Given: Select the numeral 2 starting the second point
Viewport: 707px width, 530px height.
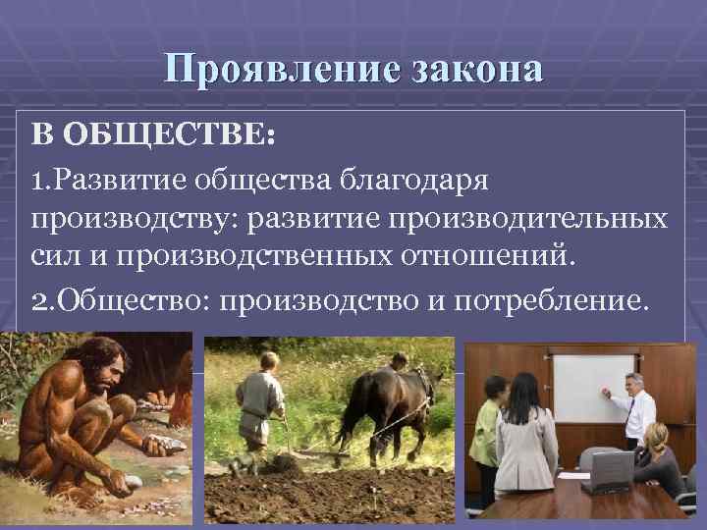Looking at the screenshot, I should point(36,296).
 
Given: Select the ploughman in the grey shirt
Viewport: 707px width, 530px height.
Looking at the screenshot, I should point(261,402).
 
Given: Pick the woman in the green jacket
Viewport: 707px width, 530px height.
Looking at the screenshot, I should point(488,432).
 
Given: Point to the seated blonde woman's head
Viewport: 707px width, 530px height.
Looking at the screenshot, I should point(655,436).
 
